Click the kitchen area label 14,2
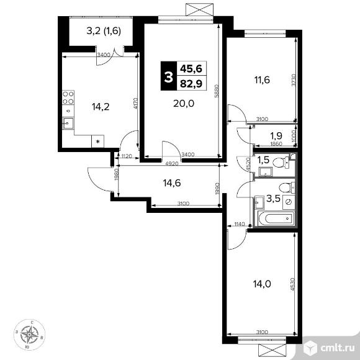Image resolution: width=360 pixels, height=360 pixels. point(101,106)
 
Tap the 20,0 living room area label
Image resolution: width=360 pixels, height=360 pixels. point(184,104)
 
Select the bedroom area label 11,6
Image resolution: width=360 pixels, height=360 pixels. point(260,79)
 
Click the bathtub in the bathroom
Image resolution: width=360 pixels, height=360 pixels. point(275,218)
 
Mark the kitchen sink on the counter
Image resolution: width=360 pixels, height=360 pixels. point(68,123)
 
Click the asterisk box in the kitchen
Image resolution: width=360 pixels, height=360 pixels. point(97,142)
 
